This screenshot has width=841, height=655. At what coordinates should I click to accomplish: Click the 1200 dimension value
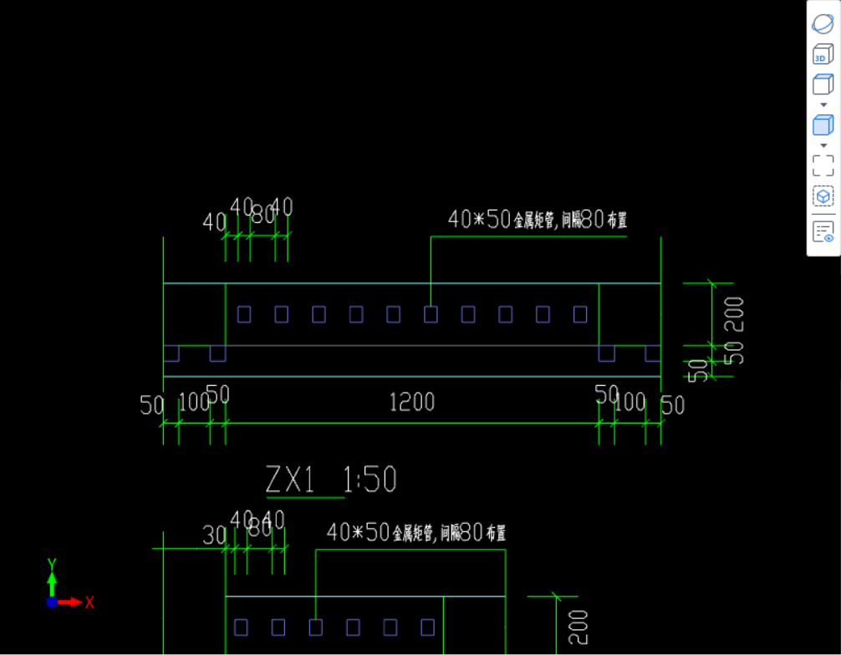[412, 403]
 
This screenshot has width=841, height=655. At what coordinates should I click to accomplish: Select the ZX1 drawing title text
[289, 480]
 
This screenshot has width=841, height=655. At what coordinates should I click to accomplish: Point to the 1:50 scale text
[370, 480]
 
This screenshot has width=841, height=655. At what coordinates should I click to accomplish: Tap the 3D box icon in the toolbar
[823, 55]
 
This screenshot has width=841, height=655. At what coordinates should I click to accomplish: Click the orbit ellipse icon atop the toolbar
[823, 23]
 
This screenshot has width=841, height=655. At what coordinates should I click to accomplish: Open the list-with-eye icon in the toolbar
[823, 231]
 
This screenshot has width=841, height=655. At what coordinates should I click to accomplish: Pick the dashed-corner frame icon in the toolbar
[823, 165]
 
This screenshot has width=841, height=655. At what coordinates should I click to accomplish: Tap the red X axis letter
[89, 602]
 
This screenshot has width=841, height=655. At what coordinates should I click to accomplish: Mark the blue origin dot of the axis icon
[52, 602]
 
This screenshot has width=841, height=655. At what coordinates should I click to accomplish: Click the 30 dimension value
[214, 536]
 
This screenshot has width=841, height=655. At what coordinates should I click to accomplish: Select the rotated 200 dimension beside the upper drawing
[734, 313]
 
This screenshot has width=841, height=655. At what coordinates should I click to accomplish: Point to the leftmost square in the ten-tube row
[244, 314]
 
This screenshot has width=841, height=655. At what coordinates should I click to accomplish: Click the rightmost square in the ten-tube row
[580, 314]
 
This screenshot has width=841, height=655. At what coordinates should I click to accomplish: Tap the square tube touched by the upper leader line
[431, 314]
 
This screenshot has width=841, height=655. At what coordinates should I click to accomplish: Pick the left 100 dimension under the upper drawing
[194, 403]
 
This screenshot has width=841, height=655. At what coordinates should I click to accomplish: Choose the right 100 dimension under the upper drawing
[630, 403]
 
